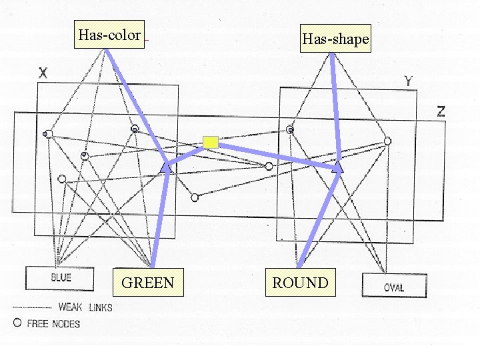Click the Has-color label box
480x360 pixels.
coord(109,35)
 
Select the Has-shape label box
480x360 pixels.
coord(335,39)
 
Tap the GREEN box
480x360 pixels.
coord(147,283)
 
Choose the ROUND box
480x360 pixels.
coord(300,283)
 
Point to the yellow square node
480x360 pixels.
coord(211,141)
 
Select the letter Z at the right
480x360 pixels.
coord(441,111)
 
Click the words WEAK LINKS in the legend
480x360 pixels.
coord(85,307)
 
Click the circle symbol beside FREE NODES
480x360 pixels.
coord(17,323)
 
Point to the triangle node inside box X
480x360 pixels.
coord(165,169)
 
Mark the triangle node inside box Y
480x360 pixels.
coord(337,167)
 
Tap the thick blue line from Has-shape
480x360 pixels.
coord(335,107)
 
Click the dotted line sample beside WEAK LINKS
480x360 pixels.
coord(32,308)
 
